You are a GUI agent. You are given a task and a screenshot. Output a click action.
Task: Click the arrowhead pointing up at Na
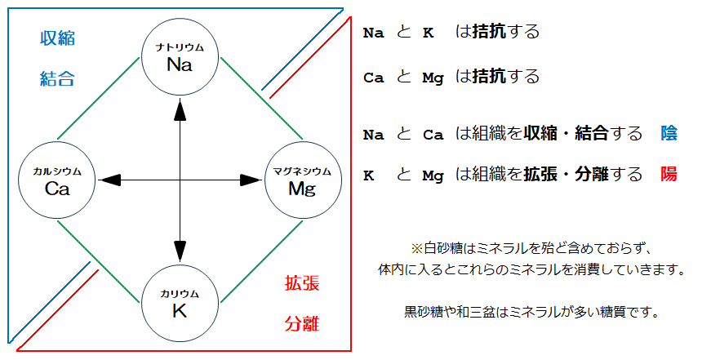(180, 109)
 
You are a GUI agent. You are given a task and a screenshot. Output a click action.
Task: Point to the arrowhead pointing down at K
(180, 251)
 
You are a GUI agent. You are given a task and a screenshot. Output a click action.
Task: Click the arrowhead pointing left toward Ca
(109, 180)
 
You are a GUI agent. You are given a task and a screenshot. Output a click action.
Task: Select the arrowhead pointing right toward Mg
(251, 180)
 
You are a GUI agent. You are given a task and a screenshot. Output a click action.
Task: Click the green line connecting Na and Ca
(99, 98)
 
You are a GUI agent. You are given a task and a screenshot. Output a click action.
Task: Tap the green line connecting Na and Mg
(261, 98)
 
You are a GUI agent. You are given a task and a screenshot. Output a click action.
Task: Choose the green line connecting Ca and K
(99, 261)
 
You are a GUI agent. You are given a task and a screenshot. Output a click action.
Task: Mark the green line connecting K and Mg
(261, 261)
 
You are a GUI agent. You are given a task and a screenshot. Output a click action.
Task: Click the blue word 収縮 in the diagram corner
(57, 38)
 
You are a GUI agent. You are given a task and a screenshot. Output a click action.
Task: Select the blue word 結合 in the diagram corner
(57, 79)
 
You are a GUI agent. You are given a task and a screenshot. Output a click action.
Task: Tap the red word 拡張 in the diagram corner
(302, 283)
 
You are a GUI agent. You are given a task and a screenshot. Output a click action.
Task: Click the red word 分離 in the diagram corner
(302, 324)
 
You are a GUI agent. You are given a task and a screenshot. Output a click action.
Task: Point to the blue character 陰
(669, 133)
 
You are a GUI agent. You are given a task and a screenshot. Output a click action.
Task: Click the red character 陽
(669, 174)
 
